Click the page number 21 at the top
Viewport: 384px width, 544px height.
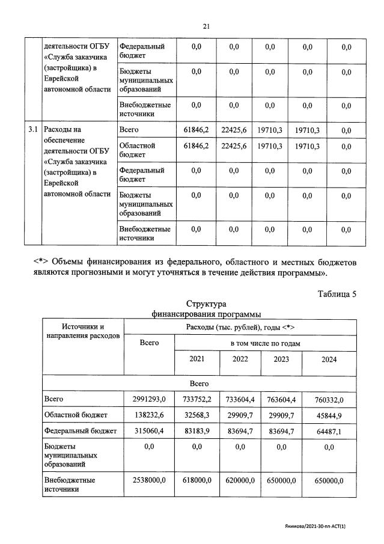point(206,26)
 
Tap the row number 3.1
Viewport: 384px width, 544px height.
point(33,129)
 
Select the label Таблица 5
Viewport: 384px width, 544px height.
point(336,294)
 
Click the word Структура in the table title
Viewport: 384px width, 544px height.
point(206,305)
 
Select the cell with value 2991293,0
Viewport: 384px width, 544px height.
point(148,399)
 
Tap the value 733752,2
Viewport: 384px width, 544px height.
point(197,399)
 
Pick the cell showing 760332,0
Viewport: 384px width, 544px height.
point(329,399)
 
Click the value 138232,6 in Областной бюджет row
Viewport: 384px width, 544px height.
point(148,415)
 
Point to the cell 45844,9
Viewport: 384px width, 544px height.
point(329,415)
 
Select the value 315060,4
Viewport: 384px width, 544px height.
point(148,431)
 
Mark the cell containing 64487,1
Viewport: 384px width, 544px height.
point(329,431)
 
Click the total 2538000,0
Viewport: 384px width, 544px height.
point(148,480)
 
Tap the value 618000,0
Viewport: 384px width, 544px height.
point(197,480)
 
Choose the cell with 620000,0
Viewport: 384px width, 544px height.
point(240,480)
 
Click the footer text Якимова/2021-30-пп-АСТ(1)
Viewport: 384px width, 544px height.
point(320,525)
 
